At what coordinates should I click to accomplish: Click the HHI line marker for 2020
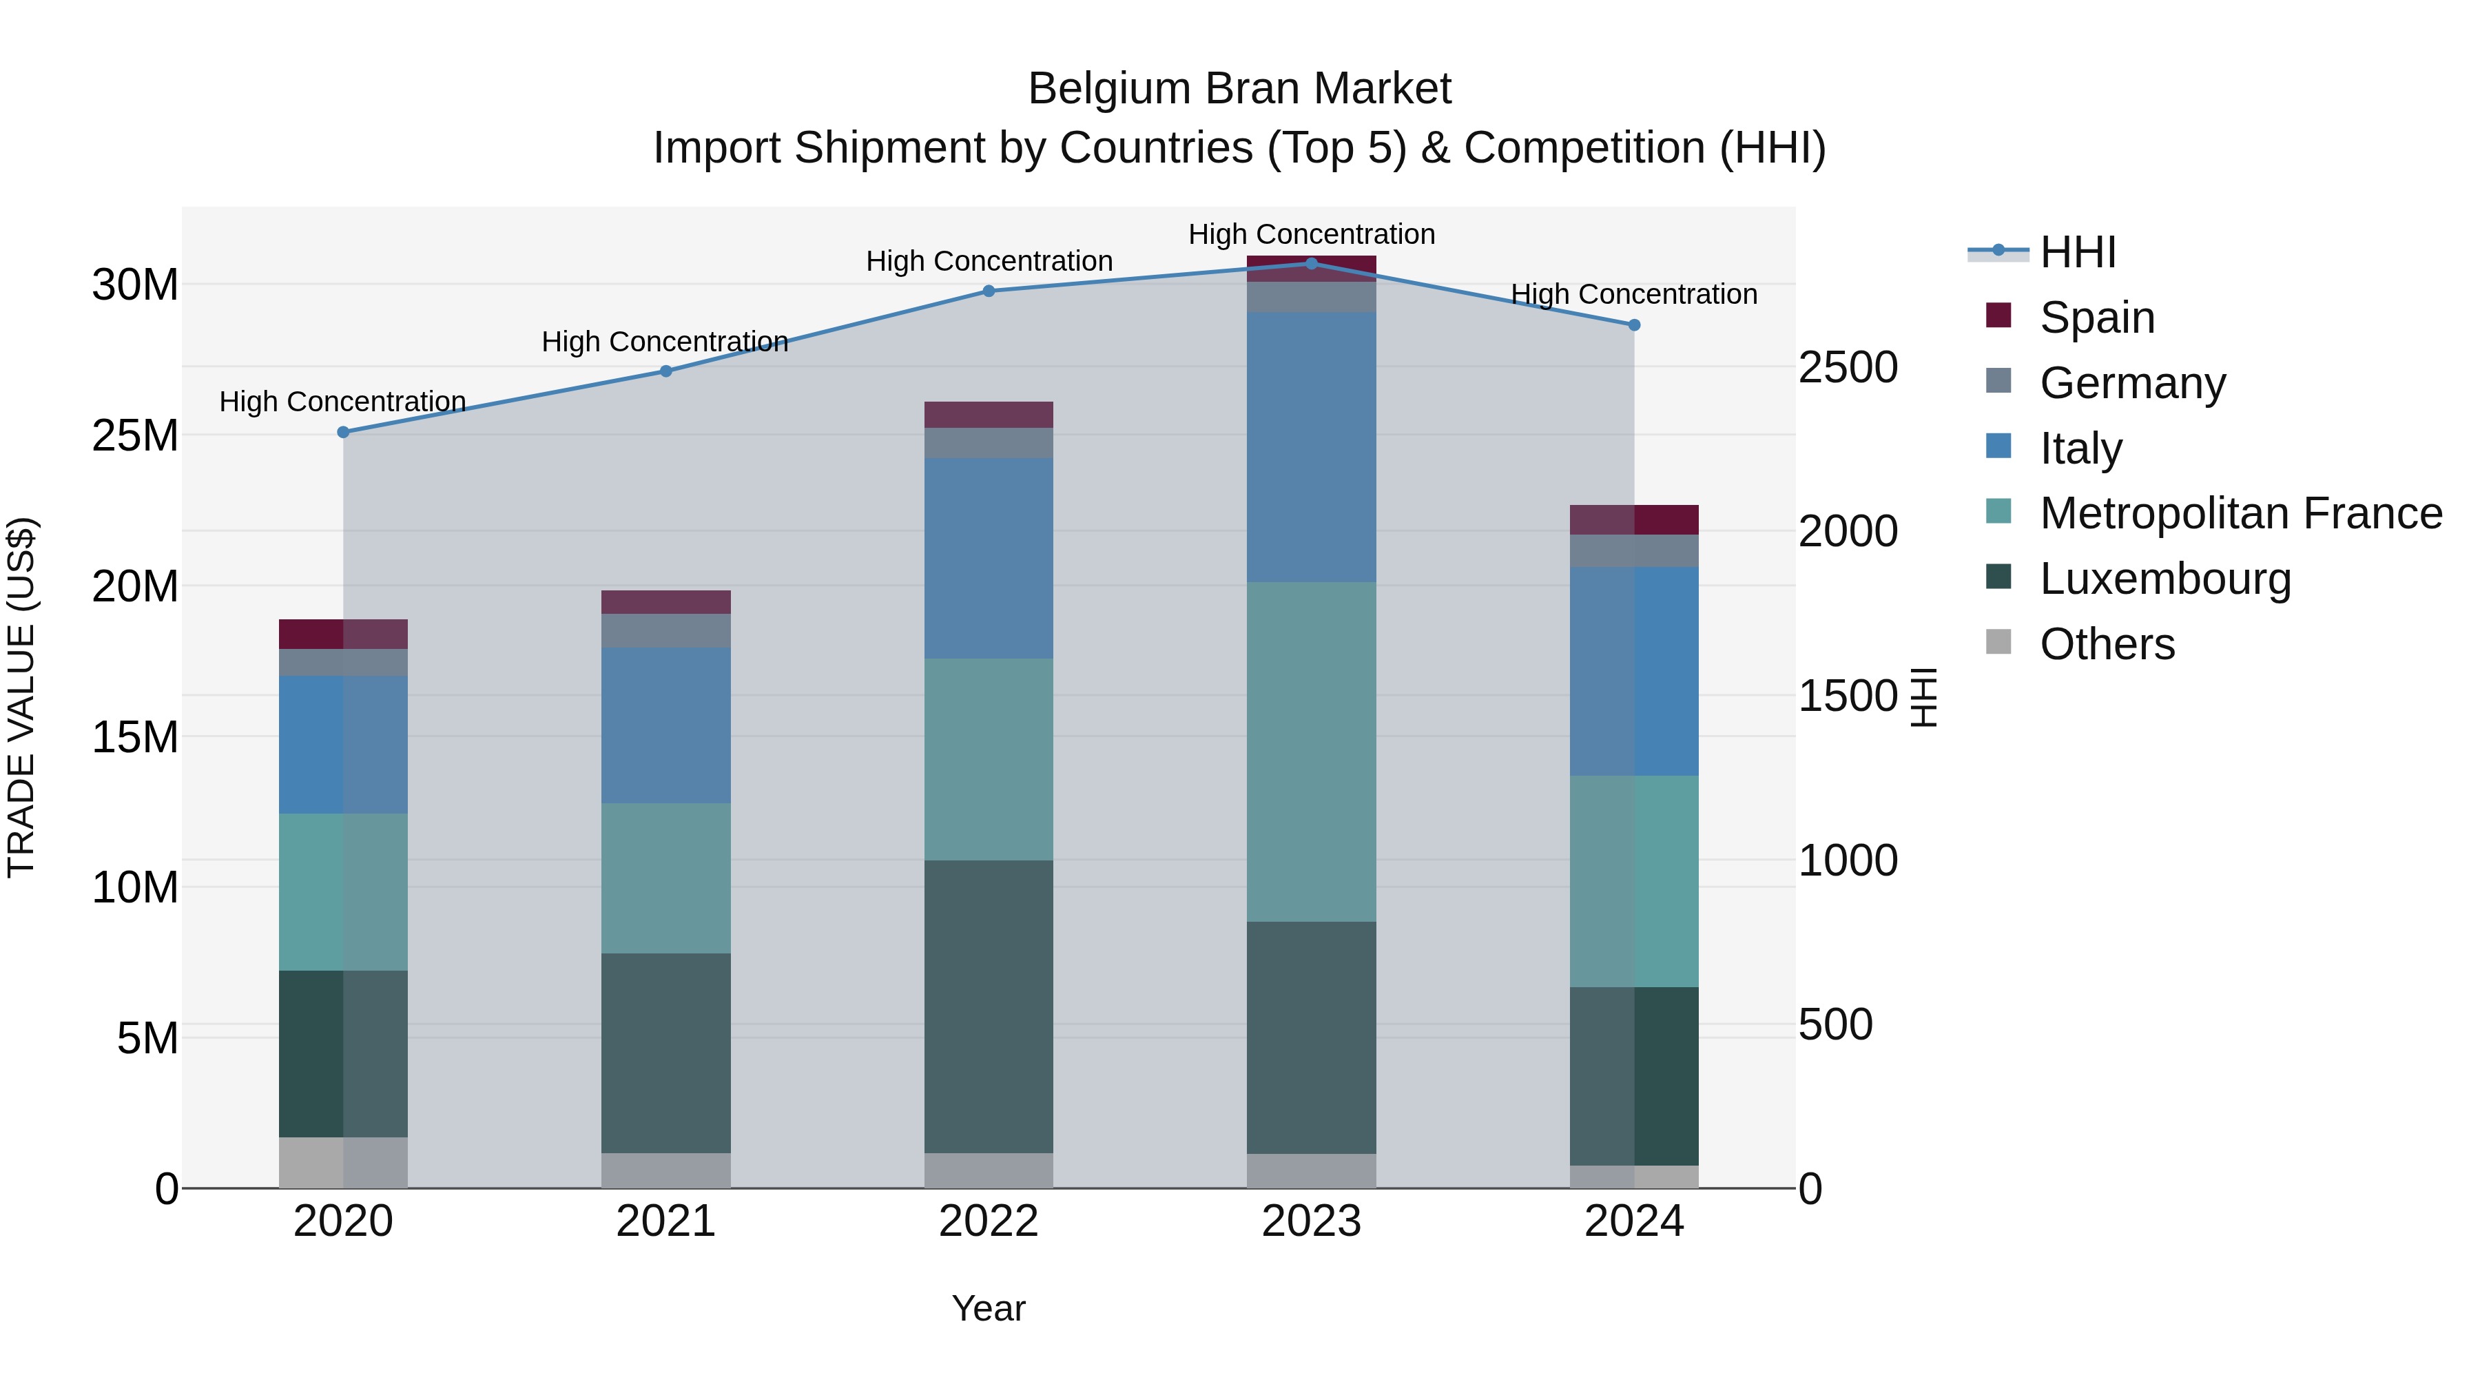[x=344, y=432]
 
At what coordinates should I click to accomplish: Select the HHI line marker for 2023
[x=1311, y=263]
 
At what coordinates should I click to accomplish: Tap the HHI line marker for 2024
[x=1634, y=325]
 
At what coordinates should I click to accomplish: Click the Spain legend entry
[x=2097, y=318]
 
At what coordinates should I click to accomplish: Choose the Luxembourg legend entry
[x=2164, y=579]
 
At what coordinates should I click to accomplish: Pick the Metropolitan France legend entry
[x=2240, y=513]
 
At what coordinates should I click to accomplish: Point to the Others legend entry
[x=2107, y=644]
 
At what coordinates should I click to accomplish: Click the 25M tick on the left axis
[x=136, y=436]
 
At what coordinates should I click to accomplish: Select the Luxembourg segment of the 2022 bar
[x=989, y=1006]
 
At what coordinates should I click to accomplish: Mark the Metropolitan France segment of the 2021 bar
[x=666, y=878]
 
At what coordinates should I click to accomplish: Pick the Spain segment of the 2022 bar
[x=989, y=414]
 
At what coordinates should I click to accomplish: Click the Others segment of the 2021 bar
[x=666, y=1170]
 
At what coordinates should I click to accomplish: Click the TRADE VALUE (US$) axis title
[x=21, y=697]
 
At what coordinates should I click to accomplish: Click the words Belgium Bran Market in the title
[x=1239, y=89]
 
